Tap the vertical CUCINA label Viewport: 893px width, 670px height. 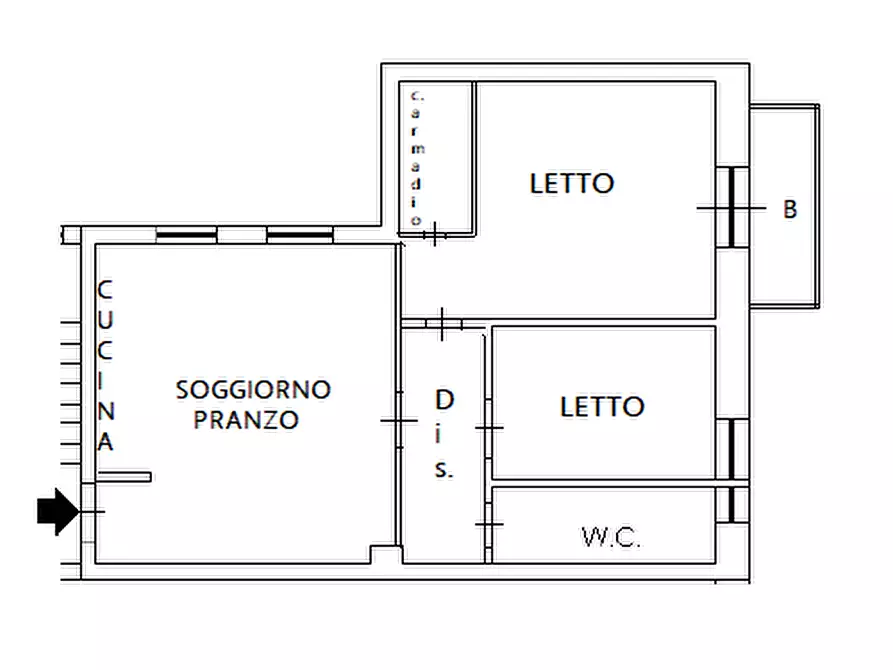tap(105, 366)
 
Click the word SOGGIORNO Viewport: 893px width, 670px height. tap(253, 389)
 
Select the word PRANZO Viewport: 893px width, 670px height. tap(246, 420)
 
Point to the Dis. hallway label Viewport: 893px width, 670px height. tap(444, 434)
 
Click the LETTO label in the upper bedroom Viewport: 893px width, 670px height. tap(571, 184)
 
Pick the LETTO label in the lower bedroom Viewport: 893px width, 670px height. tap(601, 407)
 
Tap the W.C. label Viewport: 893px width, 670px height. tap(611, 538)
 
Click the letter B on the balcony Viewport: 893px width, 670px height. tap(790, 210)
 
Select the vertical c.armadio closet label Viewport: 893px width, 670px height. tap(417, 158)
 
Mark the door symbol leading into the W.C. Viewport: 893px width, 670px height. tap(489, 524)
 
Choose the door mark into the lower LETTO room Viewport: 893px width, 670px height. tap(489, 427)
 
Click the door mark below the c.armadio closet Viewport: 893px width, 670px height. tap(434, 236)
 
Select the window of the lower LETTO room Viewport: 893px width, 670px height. tap(733, 449)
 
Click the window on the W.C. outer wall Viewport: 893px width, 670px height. tap(733, 505)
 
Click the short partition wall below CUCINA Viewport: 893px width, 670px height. tap(124, 477)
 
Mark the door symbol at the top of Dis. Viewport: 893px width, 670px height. tap(443, 323)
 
